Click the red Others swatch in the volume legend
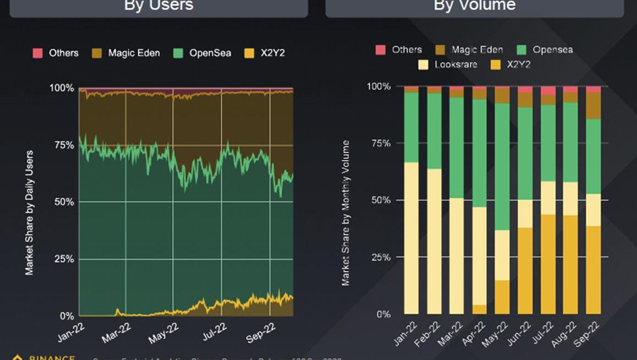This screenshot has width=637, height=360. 381,50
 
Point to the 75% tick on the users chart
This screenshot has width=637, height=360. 62,145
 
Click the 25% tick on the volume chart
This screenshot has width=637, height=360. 378,257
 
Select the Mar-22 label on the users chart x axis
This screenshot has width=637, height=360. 117,333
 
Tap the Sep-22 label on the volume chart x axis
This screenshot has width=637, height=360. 586,333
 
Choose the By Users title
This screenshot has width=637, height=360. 159,6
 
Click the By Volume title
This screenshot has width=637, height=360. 475,6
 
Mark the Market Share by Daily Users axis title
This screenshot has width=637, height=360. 29,212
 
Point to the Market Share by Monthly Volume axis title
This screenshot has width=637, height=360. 345,213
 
